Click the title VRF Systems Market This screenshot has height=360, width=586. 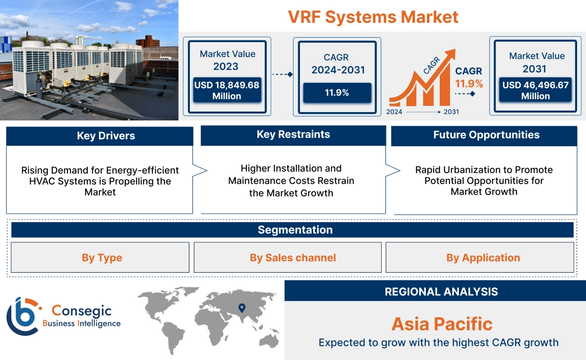373,17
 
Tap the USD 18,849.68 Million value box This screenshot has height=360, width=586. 227,90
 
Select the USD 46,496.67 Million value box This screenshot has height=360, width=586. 535,90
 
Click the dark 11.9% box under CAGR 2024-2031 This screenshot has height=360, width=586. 337,92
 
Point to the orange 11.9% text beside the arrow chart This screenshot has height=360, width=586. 469,84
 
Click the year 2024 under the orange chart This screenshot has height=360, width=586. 395,112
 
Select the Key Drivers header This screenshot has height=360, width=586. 100,136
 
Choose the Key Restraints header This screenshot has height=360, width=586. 293,135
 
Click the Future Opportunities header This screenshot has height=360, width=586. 486,135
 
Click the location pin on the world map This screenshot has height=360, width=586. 242,308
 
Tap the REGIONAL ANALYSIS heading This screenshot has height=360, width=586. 441,292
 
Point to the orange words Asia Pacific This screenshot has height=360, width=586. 442,324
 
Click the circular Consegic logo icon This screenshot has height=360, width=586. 22,315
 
